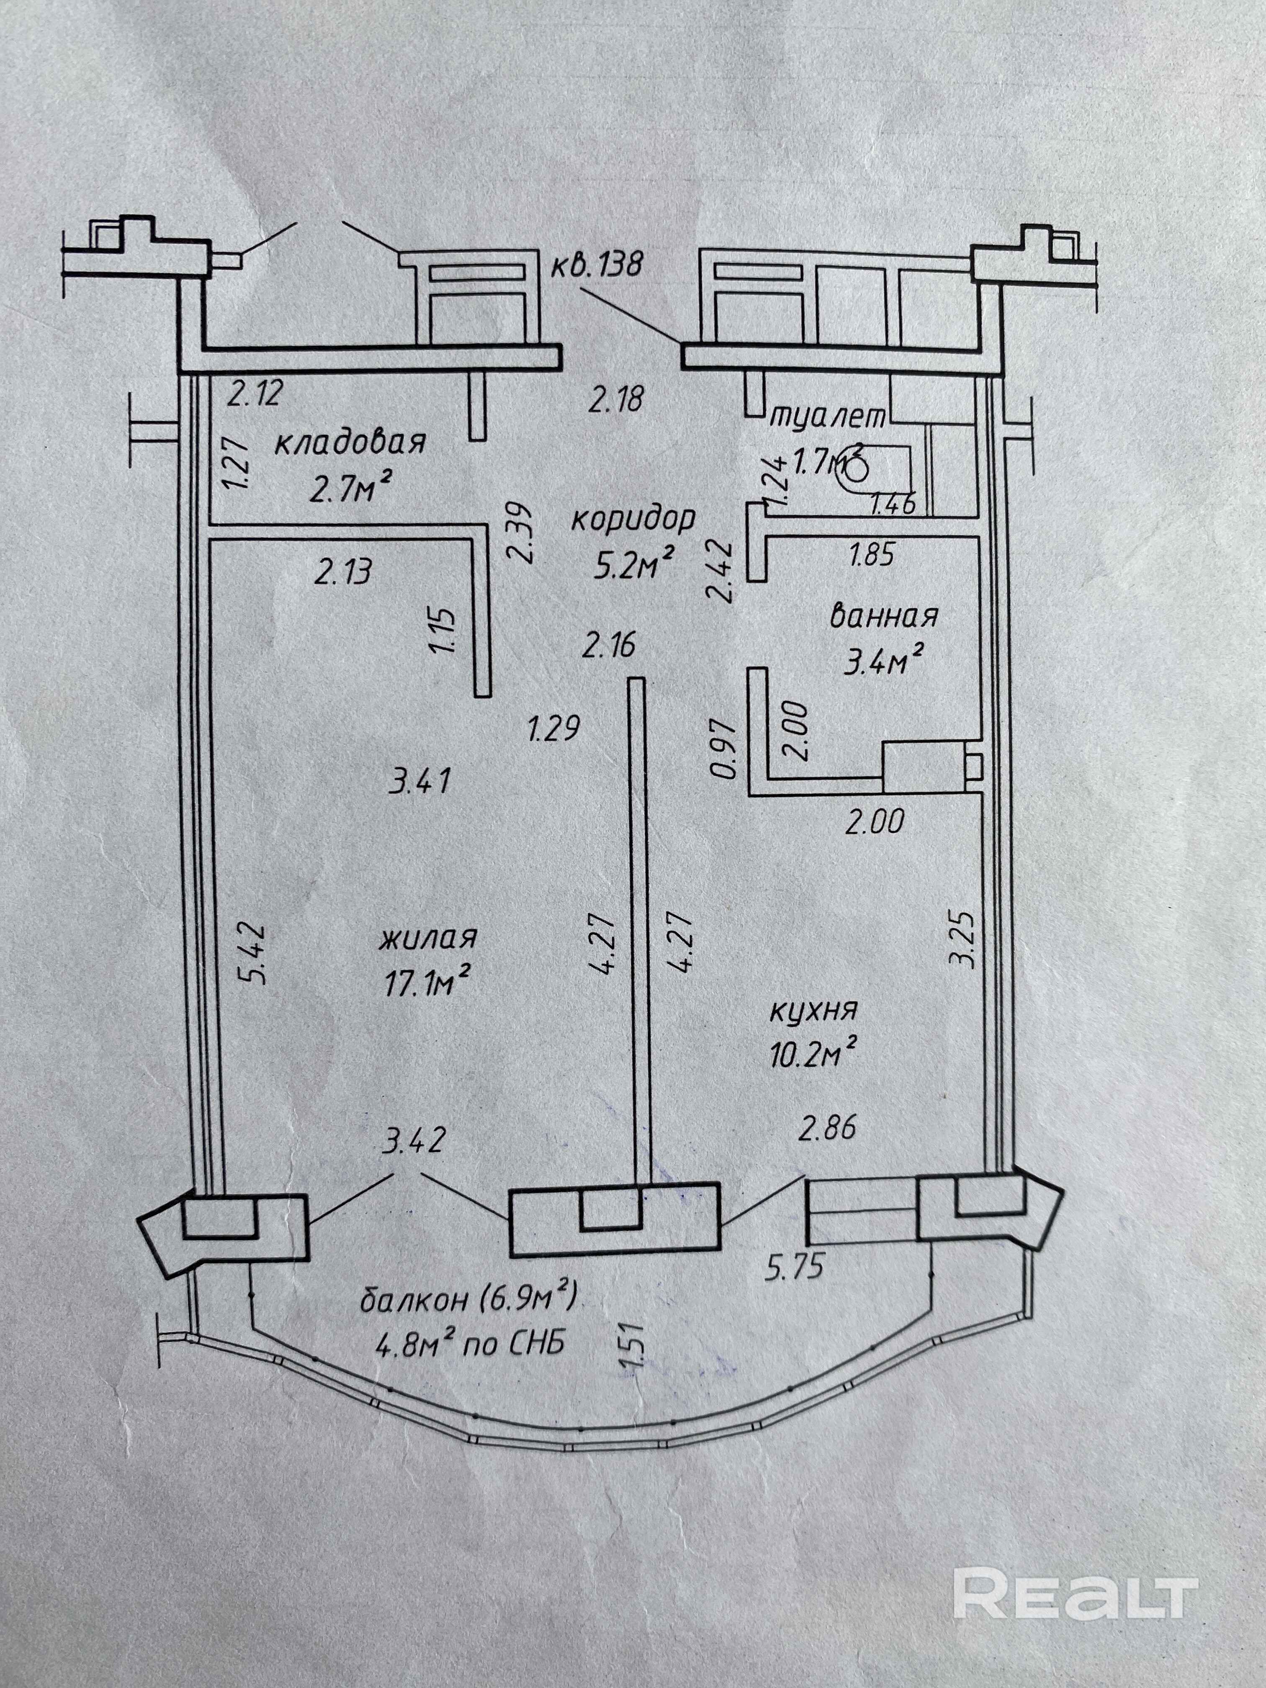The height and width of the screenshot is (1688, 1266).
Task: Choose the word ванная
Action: tap(884, 615)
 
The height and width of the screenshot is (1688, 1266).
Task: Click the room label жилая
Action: tap(428, 937)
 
